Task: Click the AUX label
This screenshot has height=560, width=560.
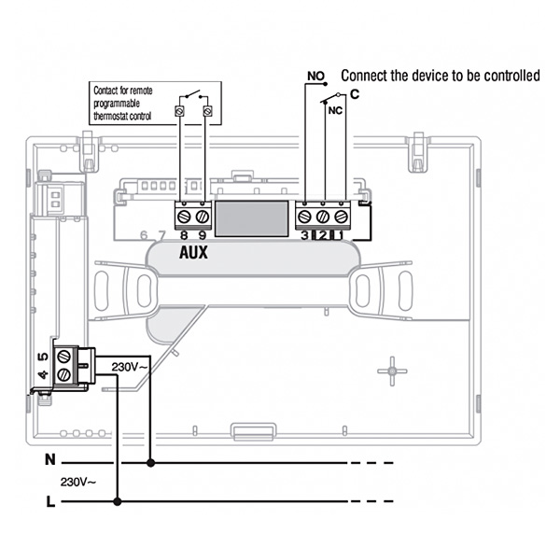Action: [x=193, y=253]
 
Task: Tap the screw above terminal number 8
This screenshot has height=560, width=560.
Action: [x=183, y=217]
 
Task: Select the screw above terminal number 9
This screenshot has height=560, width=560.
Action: [x=203, y=217]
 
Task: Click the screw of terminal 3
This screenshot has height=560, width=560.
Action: [x=304, y=217]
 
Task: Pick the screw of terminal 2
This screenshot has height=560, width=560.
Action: [x=323, y=217]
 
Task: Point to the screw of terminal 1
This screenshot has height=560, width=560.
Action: [x=341, y=217]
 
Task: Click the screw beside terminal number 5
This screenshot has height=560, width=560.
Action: [x=63, y=356]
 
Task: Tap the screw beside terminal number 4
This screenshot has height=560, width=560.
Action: [x=63, y=374]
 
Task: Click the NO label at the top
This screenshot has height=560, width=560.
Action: [x=315, y=77]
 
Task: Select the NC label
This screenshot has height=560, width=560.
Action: [x=335, y=111]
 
